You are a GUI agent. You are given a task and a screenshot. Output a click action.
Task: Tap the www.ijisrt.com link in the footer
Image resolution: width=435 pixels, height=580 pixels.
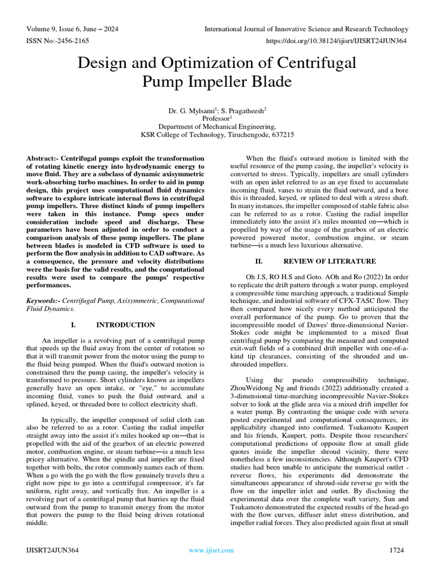[211, 550]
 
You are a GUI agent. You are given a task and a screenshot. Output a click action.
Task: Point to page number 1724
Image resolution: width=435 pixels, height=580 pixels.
[400, 550]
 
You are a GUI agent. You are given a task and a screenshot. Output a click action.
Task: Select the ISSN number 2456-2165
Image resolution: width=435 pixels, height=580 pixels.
[73, 41]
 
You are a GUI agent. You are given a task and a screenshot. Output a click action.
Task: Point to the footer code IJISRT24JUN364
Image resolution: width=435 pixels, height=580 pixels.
[52, 550]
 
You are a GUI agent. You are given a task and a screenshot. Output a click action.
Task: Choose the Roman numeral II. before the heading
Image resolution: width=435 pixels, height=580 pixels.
[259, 261]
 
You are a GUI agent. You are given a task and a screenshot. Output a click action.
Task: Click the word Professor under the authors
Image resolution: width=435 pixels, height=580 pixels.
[216, 118]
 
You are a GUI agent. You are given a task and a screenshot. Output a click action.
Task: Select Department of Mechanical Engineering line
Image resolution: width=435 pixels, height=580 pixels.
[217, 127]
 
